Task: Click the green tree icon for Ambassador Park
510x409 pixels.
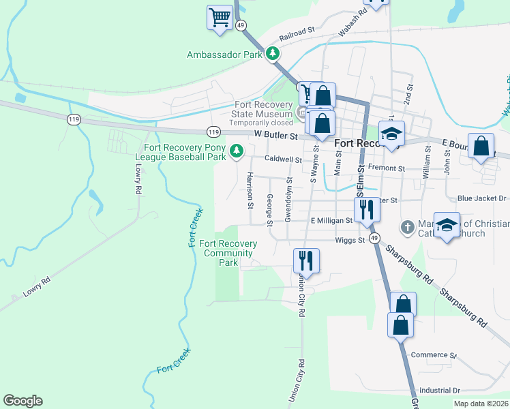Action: click(273, 53)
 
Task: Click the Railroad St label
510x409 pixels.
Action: click(296, 31)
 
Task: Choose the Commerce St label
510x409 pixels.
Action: click(434, 355)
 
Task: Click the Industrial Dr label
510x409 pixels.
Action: click(440, 390)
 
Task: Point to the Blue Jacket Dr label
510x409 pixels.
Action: click(483, 198)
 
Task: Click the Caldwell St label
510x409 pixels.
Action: click(283, 160)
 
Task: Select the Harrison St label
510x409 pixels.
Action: click(250, 190)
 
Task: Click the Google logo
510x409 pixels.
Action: click(22, 401)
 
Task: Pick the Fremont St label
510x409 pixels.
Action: click(386, 168)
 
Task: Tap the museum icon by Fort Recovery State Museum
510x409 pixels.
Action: click(300, 112)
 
